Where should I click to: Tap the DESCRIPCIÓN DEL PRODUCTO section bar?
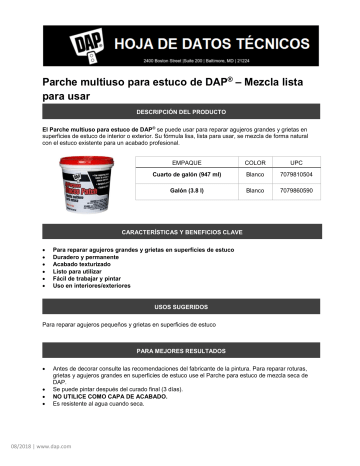pyautogui.click(x=179, y=112)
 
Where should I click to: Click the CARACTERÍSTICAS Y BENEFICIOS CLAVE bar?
pyautogui.click(x=179, y=231)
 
